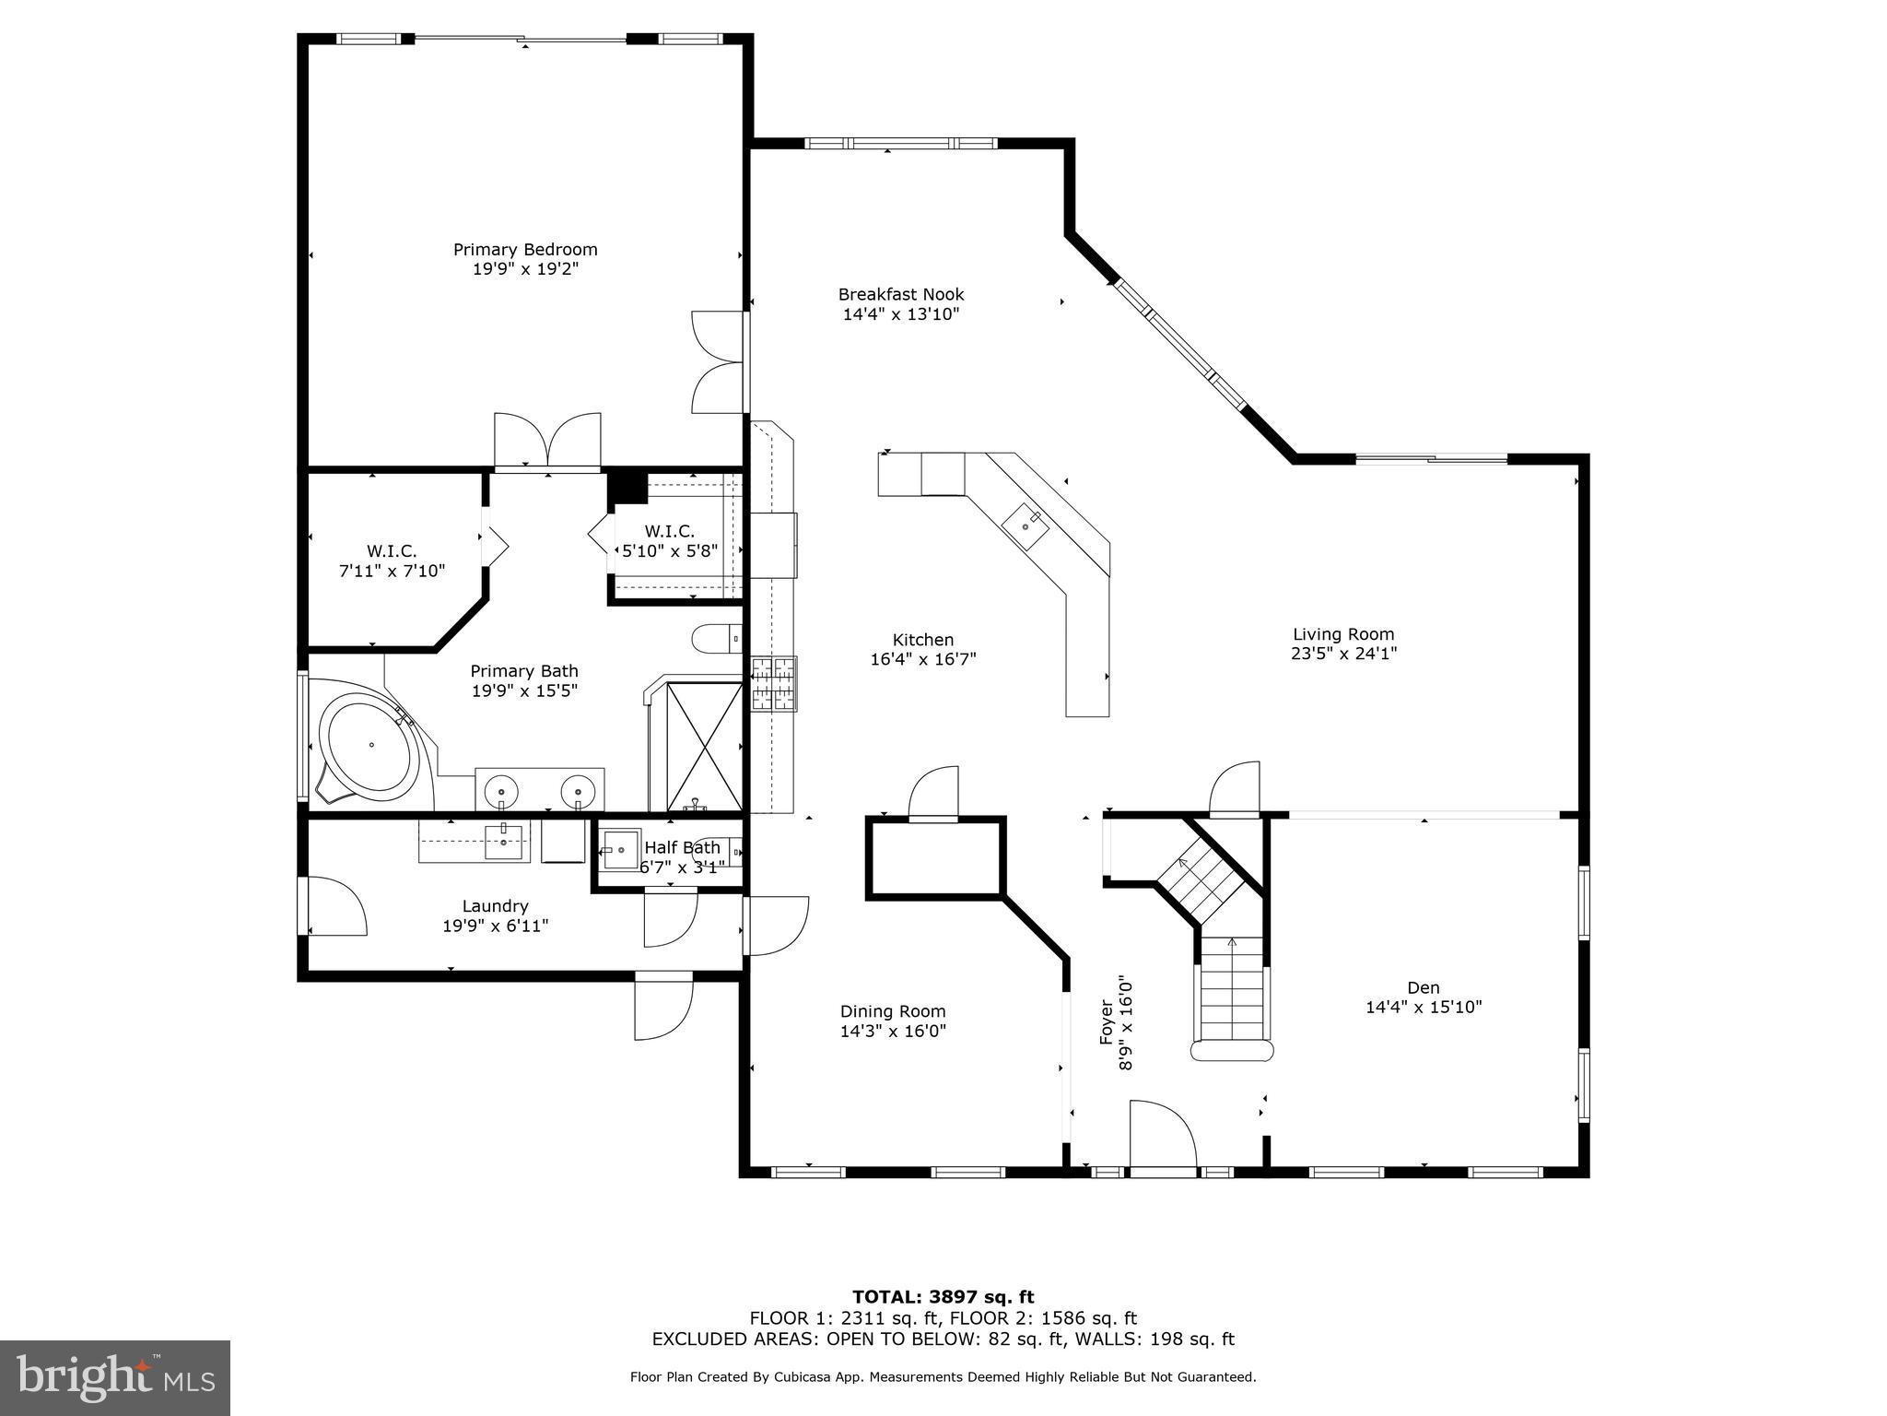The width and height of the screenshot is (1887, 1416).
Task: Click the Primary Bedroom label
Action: [x=525, y=249]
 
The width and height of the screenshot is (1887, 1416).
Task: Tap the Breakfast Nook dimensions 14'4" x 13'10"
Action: [x=901, y=314]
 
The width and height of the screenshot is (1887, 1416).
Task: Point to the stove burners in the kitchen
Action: [x=773, y=684]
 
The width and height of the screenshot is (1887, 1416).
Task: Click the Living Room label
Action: [x=1343, y=633]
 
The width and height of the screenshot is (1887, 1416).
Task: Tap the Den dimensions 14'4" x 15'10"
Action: [x=1423, y=1008]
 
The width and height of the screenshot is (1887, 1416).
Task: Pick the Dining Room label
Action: [x=892, y=1011]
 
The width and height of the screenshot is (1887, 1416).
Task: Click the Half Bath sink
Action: [x=621, y=849]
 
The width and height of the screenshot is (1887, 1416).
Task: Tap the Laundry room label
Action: [x=495, y=906]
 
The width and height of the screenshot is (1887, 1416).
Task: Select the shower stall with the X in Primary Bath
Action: [x=704, y=747]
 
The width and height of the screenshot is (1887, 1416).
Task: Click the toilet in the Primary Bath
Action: [x=717, y=637]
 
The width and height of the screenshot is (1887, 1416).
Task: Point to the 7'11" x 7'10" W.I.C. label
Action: [x=392, y=561]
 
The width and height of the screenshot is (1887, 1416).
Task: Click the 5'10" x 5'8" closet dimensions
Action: [x=670, y=551]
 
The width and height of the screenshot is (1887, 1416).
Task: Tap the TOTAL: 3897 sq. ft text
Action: [x=943, y=1298]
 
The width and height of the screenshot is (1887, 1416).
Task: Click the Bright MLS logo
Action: [x=114, y=1377]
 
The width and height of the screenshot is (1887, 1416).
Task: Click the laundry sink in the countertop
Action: [x=503, y=842]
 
